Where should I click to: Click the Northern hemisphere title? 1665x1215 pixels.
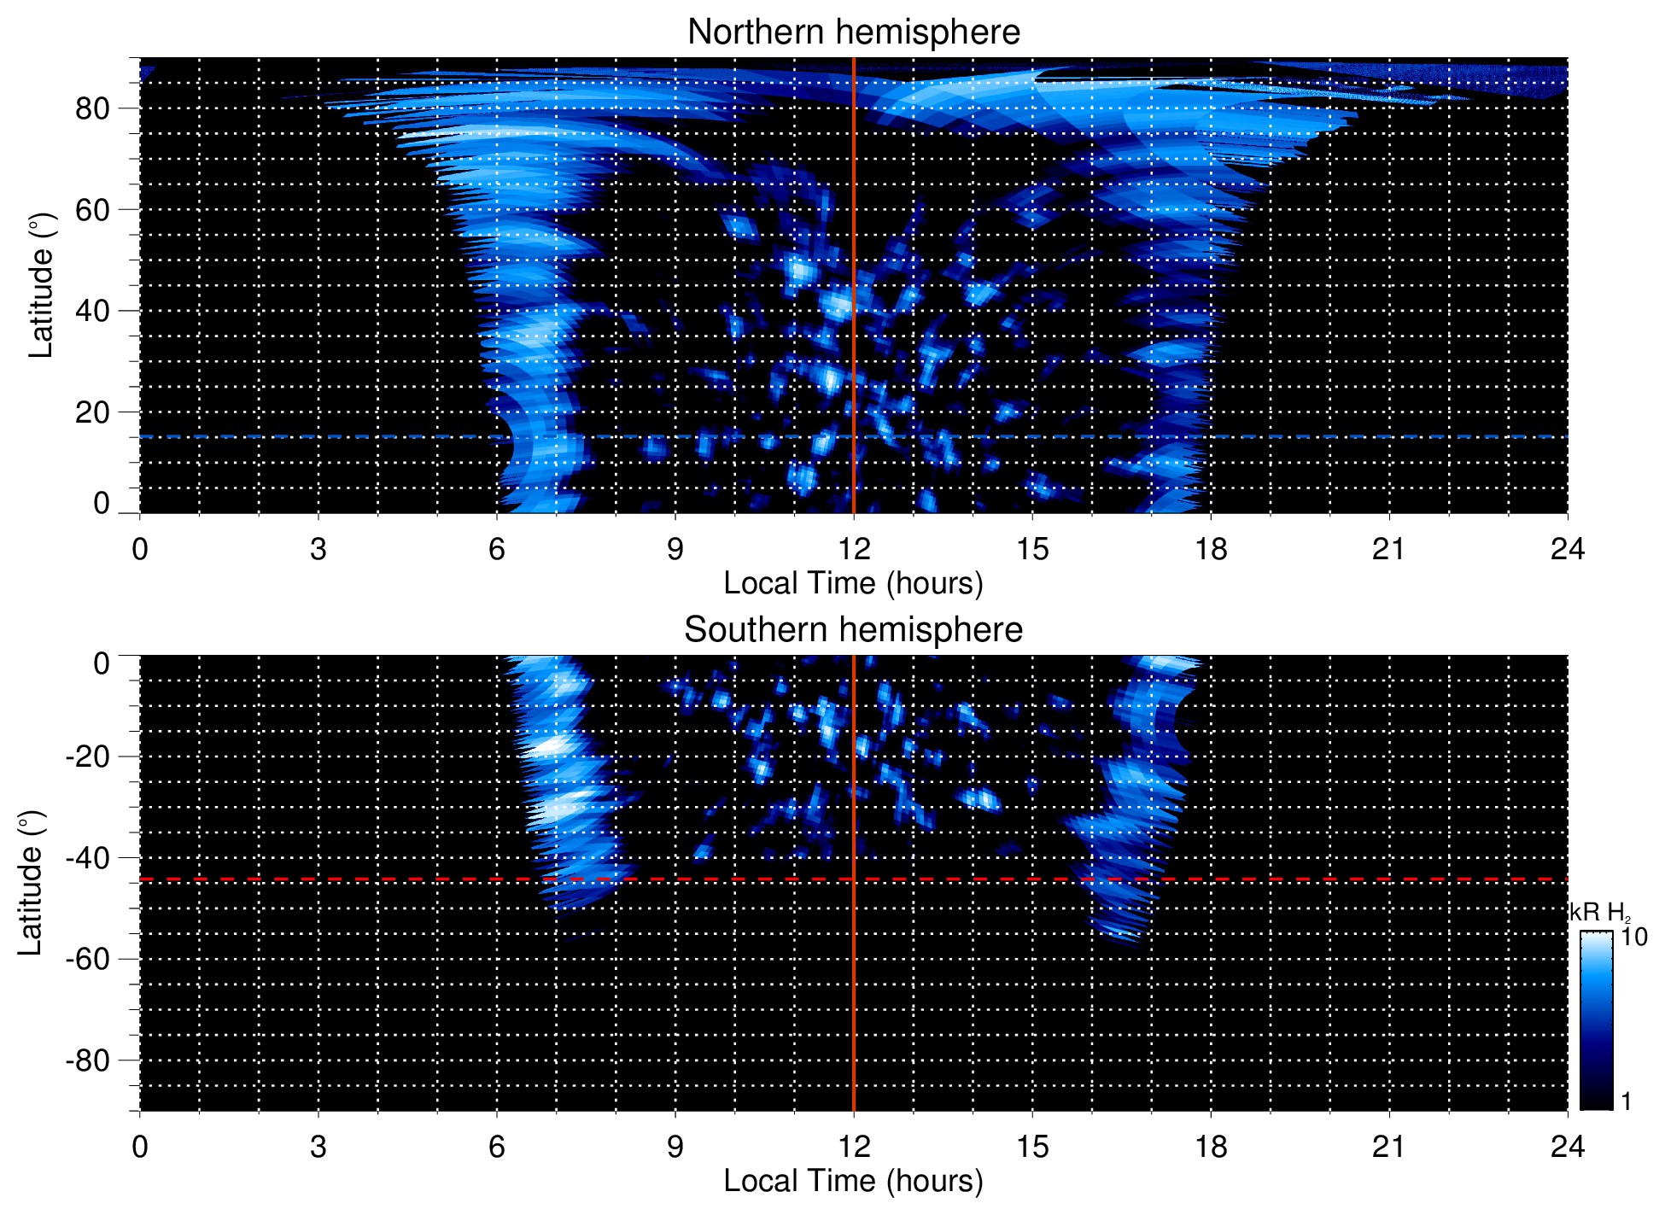(853, 32)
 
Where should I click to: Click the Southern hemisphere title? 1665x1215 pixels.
(853, 630)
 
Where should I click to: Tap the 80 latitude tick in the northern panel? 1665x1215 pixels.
(92, 109)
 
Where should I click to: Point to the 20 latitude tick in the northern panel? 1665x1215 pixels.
(92, 412)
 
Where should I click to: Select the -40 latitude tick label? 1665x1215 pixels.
(87, 858)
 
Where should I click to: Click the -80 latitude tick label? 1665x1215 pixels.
(87, 1060)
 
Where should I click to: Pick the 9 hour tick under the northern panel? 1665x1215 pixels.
(675, 549)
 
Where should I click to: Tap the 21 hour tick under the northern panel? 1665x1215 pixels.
(1389, 549)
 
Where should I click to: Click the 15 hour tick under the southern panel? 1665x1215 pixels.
(1032, 1147)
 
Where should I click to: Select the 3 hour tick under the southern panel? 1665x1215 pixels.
(318, 1147)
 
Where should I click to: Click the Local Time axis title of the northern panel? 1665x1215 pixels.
(853, 584)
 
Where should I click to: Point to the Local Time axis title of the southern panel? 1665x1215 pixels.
(853, 1182)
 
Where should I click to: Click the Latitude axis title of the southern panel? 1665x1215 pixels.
(31, 883)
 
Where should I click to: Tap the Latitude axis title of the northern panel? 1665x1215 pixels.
(41, 285)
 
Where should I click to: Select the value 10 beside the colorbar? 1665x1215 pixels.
(1633, 938)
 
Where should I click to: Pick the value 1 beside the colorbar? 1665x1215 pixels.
(1626, 1101)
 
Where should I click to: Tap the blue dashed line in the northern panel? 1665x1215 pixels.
(342, 436)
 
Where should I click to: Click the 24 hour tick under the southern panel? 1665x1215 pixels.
(1567, 1147)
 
